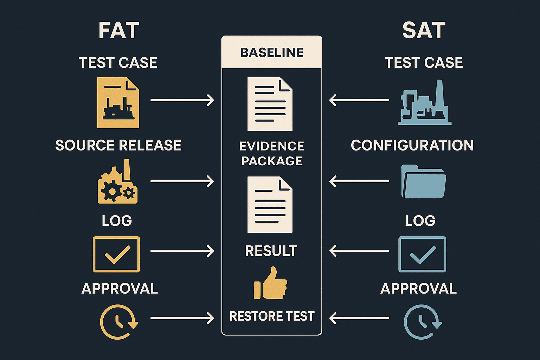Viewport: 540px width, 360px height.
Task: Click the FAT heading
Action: coord(119,30)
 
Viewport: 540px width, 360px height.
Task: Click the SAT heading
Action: coord(424,30)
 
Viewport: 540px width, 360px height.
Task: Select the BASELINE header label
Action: coord(272,53)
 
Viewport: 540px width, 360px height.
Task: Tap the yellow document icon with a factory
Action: coord(118,102)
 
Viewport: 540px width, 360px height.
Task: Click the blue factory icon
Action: coord(424,102)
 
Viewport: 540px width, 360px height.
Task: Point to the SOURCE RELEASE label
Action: coord(118,145)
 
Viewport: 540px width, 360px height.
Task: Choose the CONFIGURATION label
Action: coord(412,145)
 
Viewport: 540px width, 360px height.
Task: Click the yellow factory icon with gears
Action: coord(118,181)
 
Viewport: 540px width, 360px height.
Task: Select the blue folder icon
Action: coord(424,181)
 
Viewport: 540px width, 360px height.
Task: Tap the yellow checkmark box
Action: coord(116,255)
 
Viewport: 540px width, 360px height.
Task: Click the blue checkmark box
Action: coord(422,255)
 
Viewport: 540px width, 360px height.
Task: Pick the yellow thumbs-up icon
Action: coord(270,283)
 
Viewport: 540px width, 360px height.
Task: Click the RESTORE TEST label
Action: coord(272,316)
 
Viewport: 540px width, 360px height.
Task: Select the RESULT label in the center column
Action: coord(271,251)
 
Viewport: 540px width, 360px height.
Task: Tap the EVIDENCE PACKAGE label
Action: coord(272,153)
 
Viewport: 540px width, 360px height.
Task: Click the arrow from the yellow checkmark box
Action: coord(182,251)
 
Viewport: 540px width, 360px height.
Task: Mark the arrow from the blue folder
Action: coord(359,181)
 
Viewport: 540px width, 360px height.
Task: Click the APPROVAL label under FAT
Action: coord(120,288)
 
